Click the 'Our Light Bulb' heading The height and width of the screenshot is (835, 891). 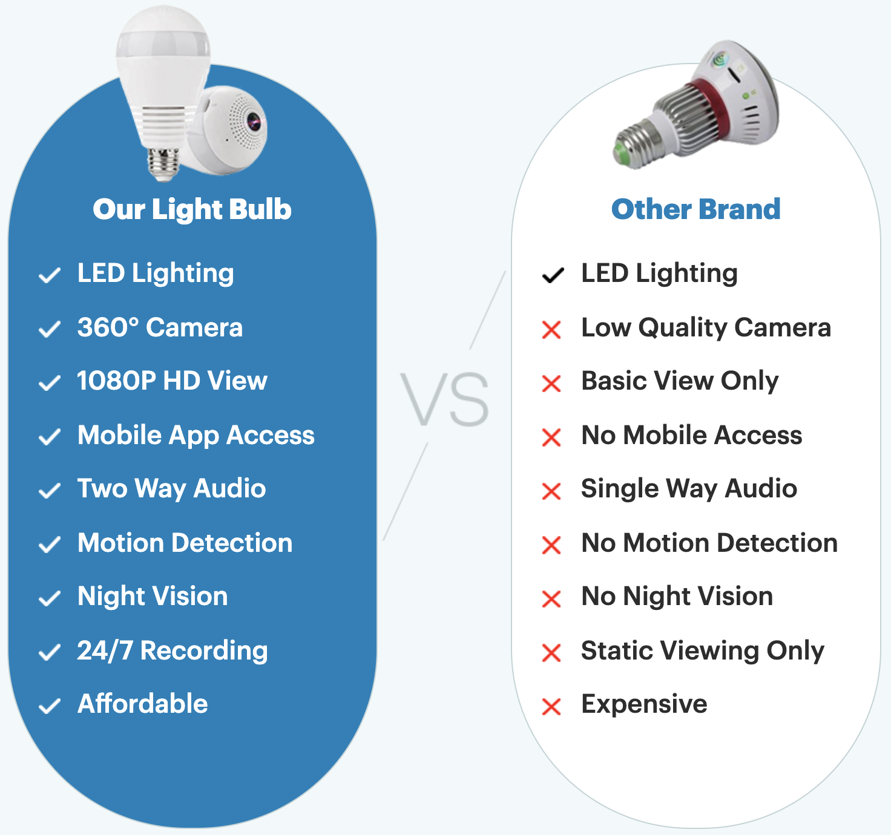coord(192,209)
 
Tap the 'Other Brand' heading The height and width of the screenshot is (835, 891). coord(696,209)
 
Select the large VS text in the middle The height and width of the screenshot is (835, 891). coord(444,399)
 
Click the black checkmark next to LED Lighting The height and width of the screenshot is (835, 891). coord(553,275)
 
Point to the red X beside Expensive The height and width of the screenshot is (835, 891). coord(551,707)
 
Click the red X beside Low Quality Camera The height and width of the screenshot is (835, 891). coord(551,330)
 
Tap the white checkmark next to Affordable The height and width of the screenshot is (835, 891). coord(50,706)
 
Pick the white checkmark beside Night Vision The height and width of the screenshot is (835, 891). coord(50,598)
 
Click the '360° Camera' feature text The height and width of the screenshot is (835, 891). coord(160,327)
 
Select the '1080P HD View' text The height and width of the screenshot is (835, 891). coord(173,381)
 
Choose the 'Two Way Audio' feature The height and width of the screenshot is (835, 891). coord(172,489)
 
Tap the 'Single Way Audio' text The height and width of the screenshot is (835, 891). coord(689,489)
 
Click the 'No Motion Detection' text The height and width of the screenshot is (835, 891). coord(709,543)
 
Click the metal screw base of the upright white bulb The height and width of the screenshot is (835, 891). coord(163,164)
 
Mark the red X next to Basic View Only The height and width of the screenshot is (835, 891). coord(551,384)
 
